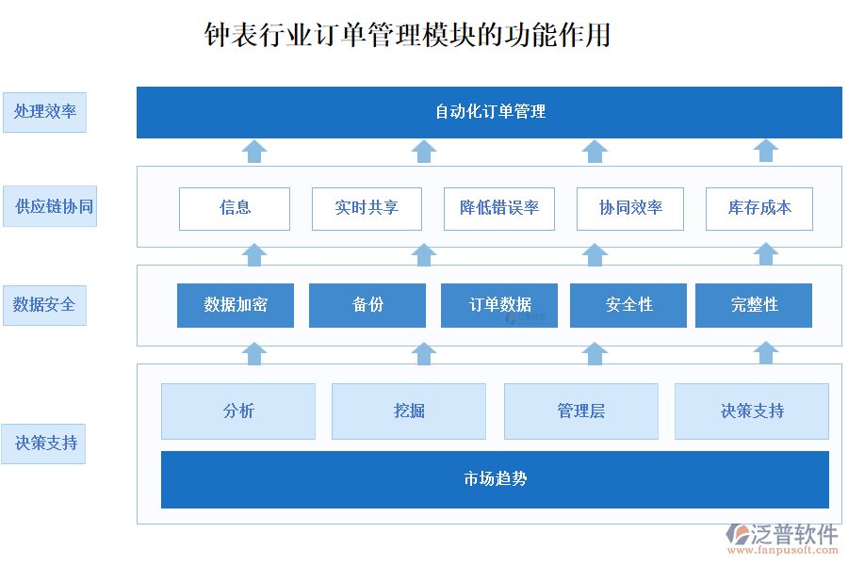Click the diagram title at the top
click(408, 35)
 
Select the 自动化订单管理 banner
click(489, 112)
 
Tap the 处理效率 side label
click(44, 111)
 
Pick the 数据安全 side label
click(44, 305)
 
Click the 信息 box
click(235, 208)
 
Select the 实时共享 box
click(367, 208)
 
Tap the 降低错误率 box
click(498, 208)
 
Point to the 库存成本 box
click(758, 208)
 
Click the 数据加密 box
click(236, 305)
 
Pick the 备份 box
click(367, 305)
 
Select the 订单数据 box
click(499, 305)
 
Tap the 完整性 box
click(754, 305)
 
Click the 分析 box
click(238, 412)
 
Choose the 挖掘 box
click(409, 412)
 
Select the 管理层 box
click(581, 412)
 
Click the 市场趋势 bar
click(495, 479)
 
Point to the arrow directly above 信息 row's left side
click(253, 151)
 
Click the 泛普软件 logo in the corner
click(782, 536)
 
